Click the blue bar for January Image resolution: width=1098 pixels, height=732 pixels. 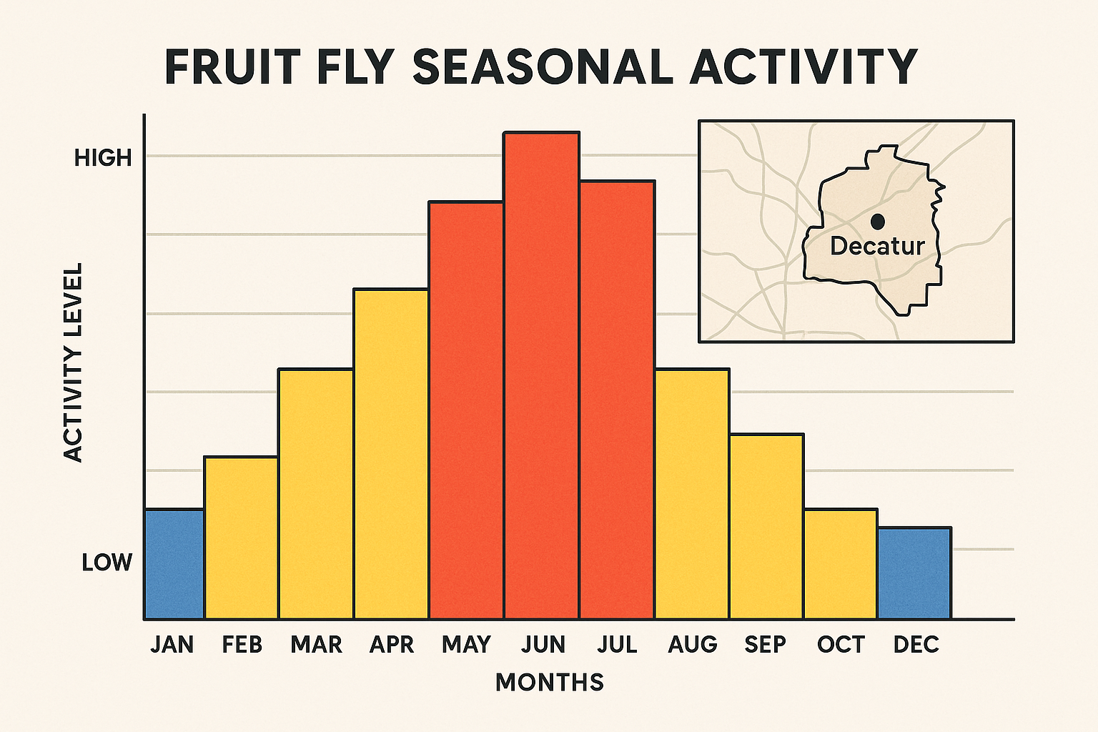(x=174, y=564)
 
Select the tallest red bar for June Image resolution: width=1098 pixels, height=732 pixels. (x=541, y=375)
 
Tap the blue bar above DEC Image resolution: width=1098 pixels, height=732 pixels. (x=914, y=573)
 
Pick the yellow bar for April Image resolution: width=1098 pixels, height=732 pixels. (x=390, y=454)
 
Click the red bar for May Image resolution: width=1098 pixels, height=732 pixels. (x=466, y=410)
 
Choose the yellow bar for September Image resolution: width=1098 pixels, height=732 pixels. (x=766, y=526)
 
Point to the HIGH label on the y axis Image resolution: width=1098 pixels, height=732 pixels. (x=104, y=158)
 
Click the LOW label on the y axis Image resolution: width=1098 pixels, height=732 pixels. (x=107, y=563)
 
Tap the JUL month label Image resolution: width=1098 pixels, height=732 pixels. (x=617, y=645)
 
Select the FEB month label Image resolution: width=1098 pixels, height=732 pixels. (x=242, y=645)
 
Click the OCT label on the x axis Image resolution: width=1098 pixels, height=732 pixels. (x=841, y=645)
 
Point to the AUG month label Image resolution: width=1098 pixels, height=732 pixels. (x=692, y=645)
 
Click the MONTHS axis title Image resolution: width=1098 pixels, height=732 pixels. (x=550, y=682)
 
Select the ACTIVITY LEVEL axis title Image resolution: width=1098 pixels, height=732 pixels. (x=73, y=362)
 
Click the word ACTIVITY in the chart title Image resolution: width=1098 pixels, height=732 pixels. (x=803, y=67)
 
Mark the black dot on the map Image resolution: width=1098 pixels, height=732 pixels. (x=877, y=222)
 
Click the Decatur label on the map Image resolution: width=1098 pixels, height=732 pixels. (x=877, y=246)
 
